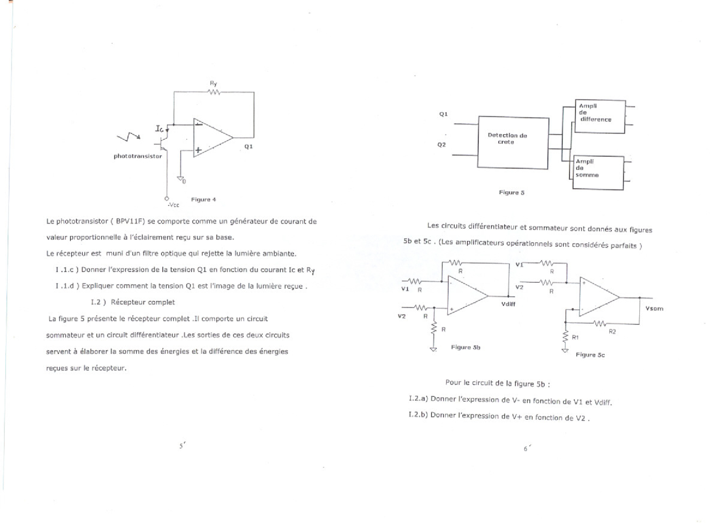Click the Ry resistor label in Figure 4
(x=213, y=83)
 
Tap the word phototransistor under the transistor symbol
(x=138, y=156)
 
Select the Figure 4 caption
(x=203, y=199)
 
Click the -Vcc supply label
(x=173, y=205)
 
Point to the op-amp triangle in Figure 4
(x=211, y=138)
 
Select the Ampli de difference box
(x=600, y=116)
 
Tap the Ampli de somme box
(x=598, y=173)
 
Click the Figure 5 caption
(x=511, y=192)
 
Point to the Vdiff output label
(x=508, y=304)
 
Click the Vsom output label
(x=654, y=309)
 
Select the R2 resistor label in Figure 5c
(x=612, y=331)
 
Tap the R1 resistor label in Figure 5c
(x=575, y=337)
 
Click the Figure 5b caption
(x=465, y=347)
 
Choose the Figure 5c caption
(x=590, y=355)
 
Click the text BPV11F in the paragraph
(x=127, y=221)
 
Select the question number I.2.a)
(x=418, y=399)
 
